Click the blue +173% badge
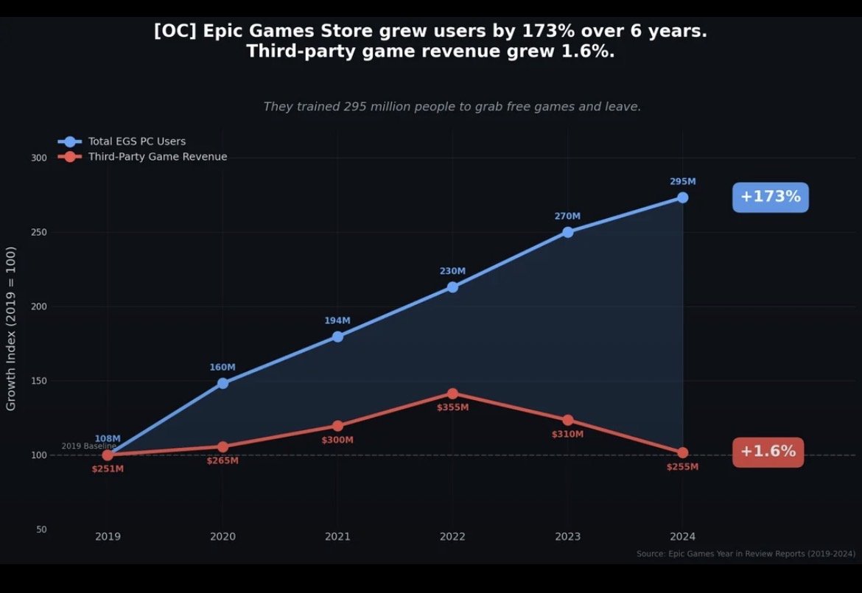(770, 197)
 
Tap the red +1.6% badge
(768, 452)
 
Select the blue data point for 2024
(682, 197)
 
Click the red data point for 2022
(452, 394)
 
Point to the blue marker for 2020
(222, 383)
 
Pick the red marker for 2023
(567, 420)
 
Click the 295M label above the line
(682, 181)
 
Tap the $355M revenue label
(452, 407)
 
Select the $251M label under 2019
(108, 469)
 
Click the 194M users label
(337, 320)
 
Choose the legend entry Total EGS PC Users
(136, 141)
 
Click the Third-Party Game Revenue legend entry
(157, 157)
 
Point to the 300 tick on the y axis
(39, 158)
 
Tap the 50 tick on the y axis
(41, 530)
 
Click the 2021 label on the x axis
(337, 537)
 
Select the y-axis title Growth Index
(11, 329)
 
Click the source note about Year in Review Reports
(746, 554)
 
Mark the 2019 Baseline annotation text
(88, 446)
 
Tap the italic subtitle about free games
(452, 107)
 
